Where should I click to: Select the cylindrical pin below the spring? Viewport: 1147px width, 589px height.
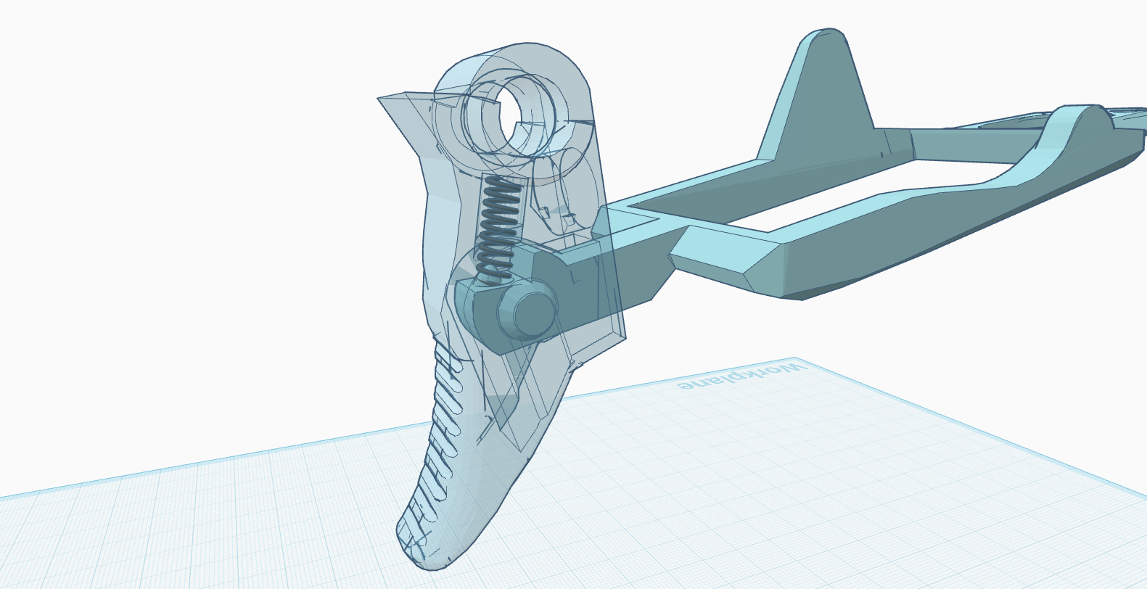(527, 313)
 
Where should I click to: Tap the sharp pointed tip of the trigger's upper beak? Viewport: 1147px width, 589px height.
(379, 99)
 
